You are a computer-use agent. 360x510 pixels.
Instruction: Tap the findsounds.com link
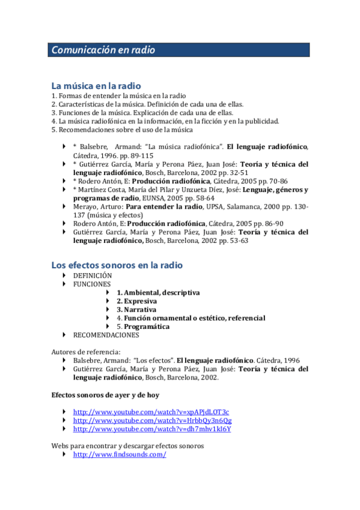(x=119, y=455)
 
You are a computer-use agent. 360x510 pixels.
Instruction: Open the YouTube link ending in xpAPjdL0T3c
(x=151, y=411)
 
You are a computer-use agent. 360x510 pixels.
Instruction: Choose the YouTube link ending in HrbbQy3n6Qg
(x=152, y=420)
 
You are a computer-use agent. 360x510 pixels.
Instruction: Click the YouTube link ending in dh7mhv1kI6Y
(x=152, y=429)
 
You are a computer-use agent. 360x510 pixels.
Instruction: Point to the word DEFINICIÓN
(x=93, y=275)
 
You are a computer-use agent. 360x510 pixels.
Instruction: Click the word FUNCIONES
(x=92, y=284)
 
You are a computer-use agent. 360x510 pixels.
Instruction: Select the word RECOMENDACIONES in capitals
(x=106, y=335)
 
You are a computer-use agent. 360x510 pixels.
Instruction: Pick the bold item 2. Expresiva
(x=136, y=301)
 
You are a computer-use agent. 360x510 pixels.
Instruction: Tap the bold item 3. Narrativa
(x=136, y=309)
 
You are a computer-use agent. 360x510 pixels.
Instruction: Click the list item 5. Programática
(x=143, y=327)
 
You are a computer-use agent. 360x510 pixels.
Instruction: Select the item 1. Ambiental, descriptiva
(x=158, y=292)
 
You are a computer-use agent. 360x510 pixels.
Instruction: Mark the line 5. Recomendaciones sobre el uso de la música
(x=122, y=129)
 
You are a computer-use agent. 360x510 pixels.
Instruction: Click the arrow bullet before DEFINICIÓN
(x=65, y=275)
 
